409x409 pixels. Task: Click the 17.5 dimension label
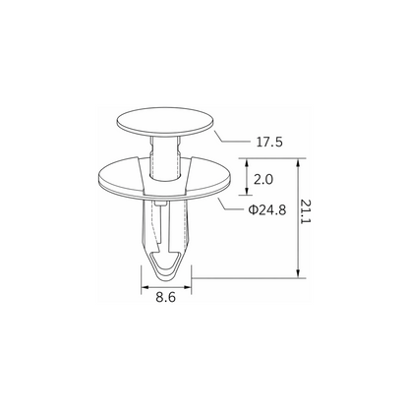tap(269, 142)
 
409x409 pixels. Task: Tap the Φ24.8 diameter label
tap(267, 209)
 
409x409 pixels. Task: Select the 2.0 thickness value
tap(263, 179)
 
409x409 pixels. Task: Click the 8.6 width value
tap(166, 297)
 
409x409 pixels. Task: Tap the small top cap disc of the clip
tap(165, 121)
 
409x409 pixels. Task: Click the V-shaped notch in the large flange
tap(164, 175)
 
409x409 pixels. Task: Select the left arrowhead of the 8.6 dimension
tap(145, 287)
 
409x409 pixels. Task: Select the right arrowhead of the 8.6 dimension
tap(188, 287)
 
